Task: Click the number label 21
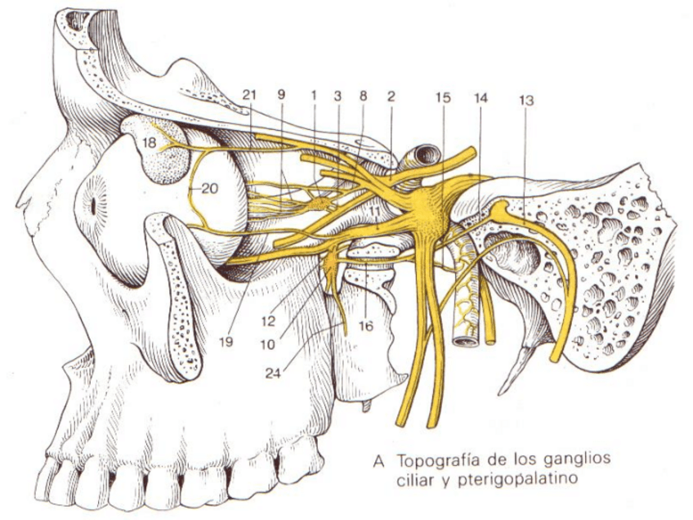pos(250,95)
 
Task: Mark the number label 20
pos(209,188)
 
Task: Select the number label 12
pos(268,310)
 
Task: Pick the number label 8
pos(363,95)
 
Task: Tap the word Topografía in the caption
pos(433,459)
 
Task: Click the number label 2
pos(391,95)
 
